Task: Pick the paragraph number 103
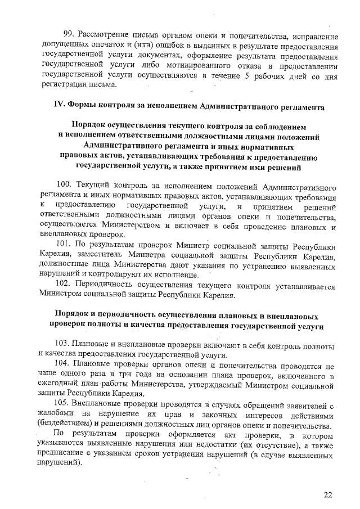(x=63, y=344)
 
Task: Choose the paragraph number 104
(x=63, y=364)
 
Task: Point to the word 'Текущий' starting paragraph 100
(x=90, y=186)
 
